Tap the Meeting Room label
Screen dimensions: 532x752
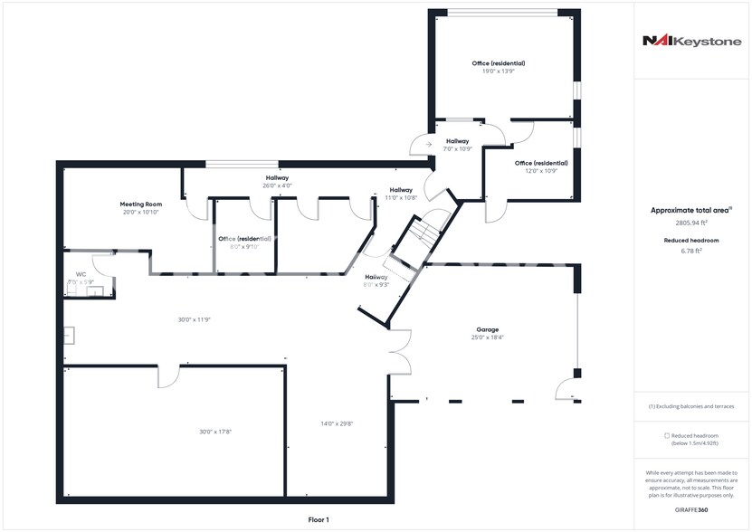pyautogui.click(x=140, y=204)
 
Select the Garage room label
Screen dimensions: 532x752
pyautogui.click(x=488, y=329)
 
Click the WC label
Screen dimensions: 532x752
pyautogui.click(x=81, y=273)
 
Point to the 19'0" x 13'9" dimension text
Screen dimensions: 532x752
pyautogui.click(x=498, y=71)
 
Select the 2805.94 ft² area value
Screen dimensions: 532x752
pyautogui.click(x=691, y=223)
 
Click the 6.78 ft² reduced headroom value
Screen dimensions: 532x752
pyautogui.click(x=691, y=251)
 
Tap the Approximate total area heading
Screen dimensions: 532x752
pyautogui.click(x=690, y=210)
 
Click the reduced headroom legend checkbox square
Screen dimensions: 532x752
pyautogui.click(x=667, y=436)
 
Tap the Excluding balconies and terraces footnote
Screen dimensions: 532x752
pyautogui.click(x=691, y=406)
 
